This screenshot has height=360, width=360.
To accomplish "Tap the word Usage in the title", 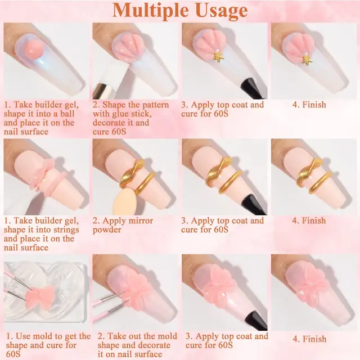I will click(x=219, y=11).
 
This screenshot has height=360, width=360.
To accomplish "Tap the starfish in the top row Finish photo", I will click(x=307, y=58).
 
